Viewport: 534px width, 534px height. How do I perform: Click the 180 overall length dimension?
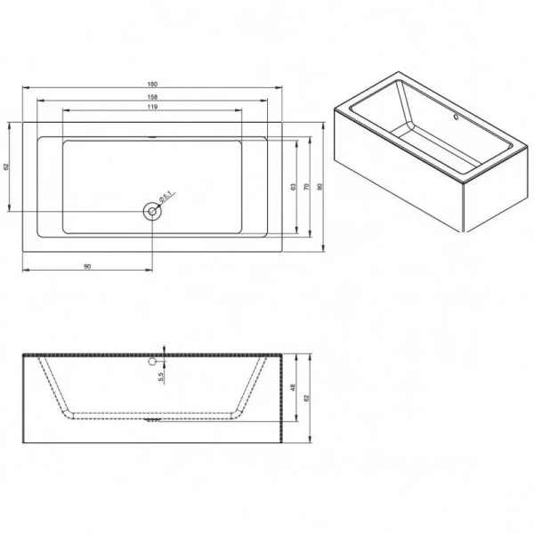pos(152,85)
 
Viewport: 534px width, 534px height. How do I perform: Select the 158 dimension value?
pos(152,96)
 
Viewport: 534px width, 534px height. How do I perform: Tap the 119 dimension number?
pos(152,108)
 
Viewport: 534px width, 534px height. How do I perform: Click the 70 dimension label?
pos(305,187)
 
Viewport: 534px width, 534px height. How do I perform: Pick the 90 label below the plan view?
pos(86,265)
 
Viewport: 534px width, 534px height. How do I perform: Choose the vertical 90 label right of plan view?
pos(318,187)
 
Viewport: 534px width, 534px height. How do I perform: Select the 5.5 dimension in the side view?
pos(161,378)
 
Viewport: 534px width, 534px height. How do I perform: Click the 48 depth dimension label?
pos(293,388)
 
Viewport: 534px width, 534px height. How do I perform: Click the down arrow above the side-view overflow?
pos(164,349)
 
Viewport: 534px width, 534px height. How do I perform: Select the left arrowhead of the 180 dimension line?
pos(24,89)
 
